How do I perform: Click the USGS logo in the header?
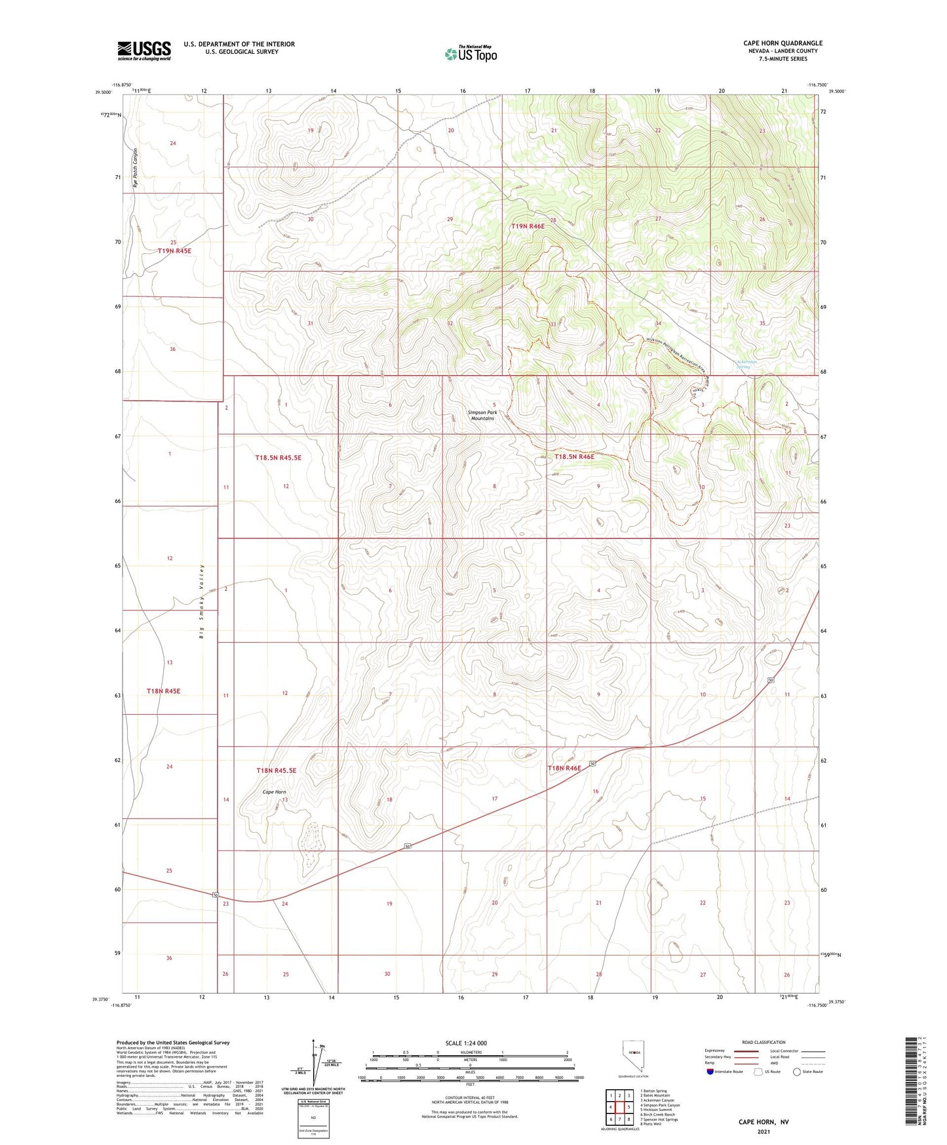tap(144, 50)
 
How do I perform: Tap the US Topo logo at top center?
tap(471, 53)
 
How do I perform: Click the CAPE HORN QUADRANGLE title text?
tap(783, 43)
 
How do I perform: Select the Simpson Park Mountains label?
tap(482, 415)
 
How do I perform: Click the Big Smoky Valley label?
tap(203, 601)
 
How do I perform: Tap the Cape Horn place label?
tap(274, 792)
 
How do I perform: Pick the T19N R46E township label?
tap(528, 226)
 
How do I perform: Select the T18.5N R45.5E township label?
tap(278, 458)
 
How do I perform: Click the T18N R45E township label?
tap(163, 691)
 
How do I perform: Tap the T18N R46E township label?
tap(564, 768)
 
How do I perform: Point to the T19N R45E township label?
tap(174, 251)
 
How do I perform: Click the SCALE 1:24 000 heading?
tap(466, 1043)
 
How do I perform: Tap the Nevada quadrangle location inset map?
tap(633, 1056)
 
